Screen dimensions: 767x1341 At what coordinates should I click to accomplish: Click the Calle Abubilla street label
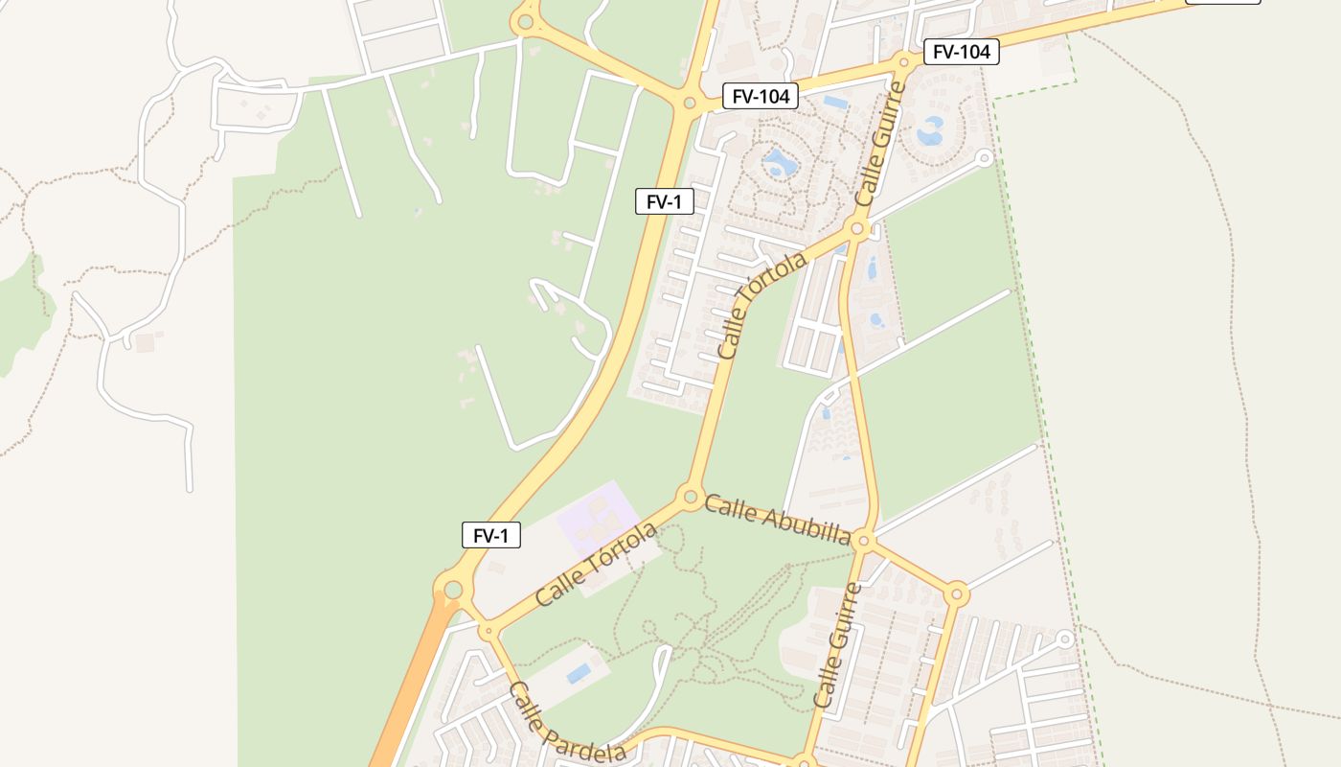pos(777,520)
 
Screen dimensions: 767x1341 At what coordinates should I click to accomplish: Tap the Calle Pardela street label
pos(566,723)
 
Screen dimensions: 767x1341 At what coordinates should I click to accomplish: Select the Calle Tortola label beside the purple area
pos(596,564)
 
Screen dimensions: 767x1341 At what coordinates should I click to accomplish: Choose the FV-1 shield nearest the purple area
pos(491,535)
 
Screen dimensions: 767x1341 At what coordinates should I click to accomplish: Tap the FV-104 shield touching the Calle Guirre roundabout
pos(961,52)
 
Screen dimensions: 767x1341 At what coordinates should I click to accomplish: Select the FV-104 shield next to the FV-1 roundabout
pos(761,96)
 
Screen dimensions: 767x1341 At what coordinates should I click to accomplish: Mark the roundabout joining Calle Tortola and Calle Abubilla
pos(689,497)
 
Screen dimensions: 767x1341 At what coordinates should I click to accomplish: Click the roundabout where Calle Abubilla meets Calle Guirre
pos(863,542)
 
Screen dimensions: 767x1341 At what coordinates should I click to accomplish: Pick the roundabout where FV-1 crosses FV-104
pos(689,102)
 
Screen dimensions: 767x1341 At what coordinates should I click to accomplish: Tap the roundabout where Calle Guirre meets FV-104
pos(902,62)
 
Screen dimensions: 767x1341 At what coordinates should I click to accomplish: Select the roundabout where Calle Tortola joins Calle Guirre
pos(857,228)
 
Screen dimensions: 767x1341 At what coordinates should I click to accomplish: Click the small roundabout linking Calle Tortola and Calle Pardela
pos(488,631)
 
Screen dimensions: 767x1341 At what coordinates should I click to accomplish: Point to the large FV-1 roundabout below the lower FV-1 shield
pos(452,589)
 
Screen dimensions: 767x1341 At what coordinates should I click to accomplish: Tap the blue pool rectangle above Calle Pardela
pos(579,673)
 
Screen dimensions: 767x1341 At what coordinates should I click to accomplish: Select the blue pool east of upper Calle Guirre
pos(930,130)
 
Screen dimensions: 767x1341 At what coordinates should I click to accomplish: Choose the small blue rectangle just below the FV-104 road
pos(834,102)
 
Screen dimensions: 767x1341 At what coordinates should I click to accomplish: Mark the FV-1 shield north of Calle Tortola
pos(665,201)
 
